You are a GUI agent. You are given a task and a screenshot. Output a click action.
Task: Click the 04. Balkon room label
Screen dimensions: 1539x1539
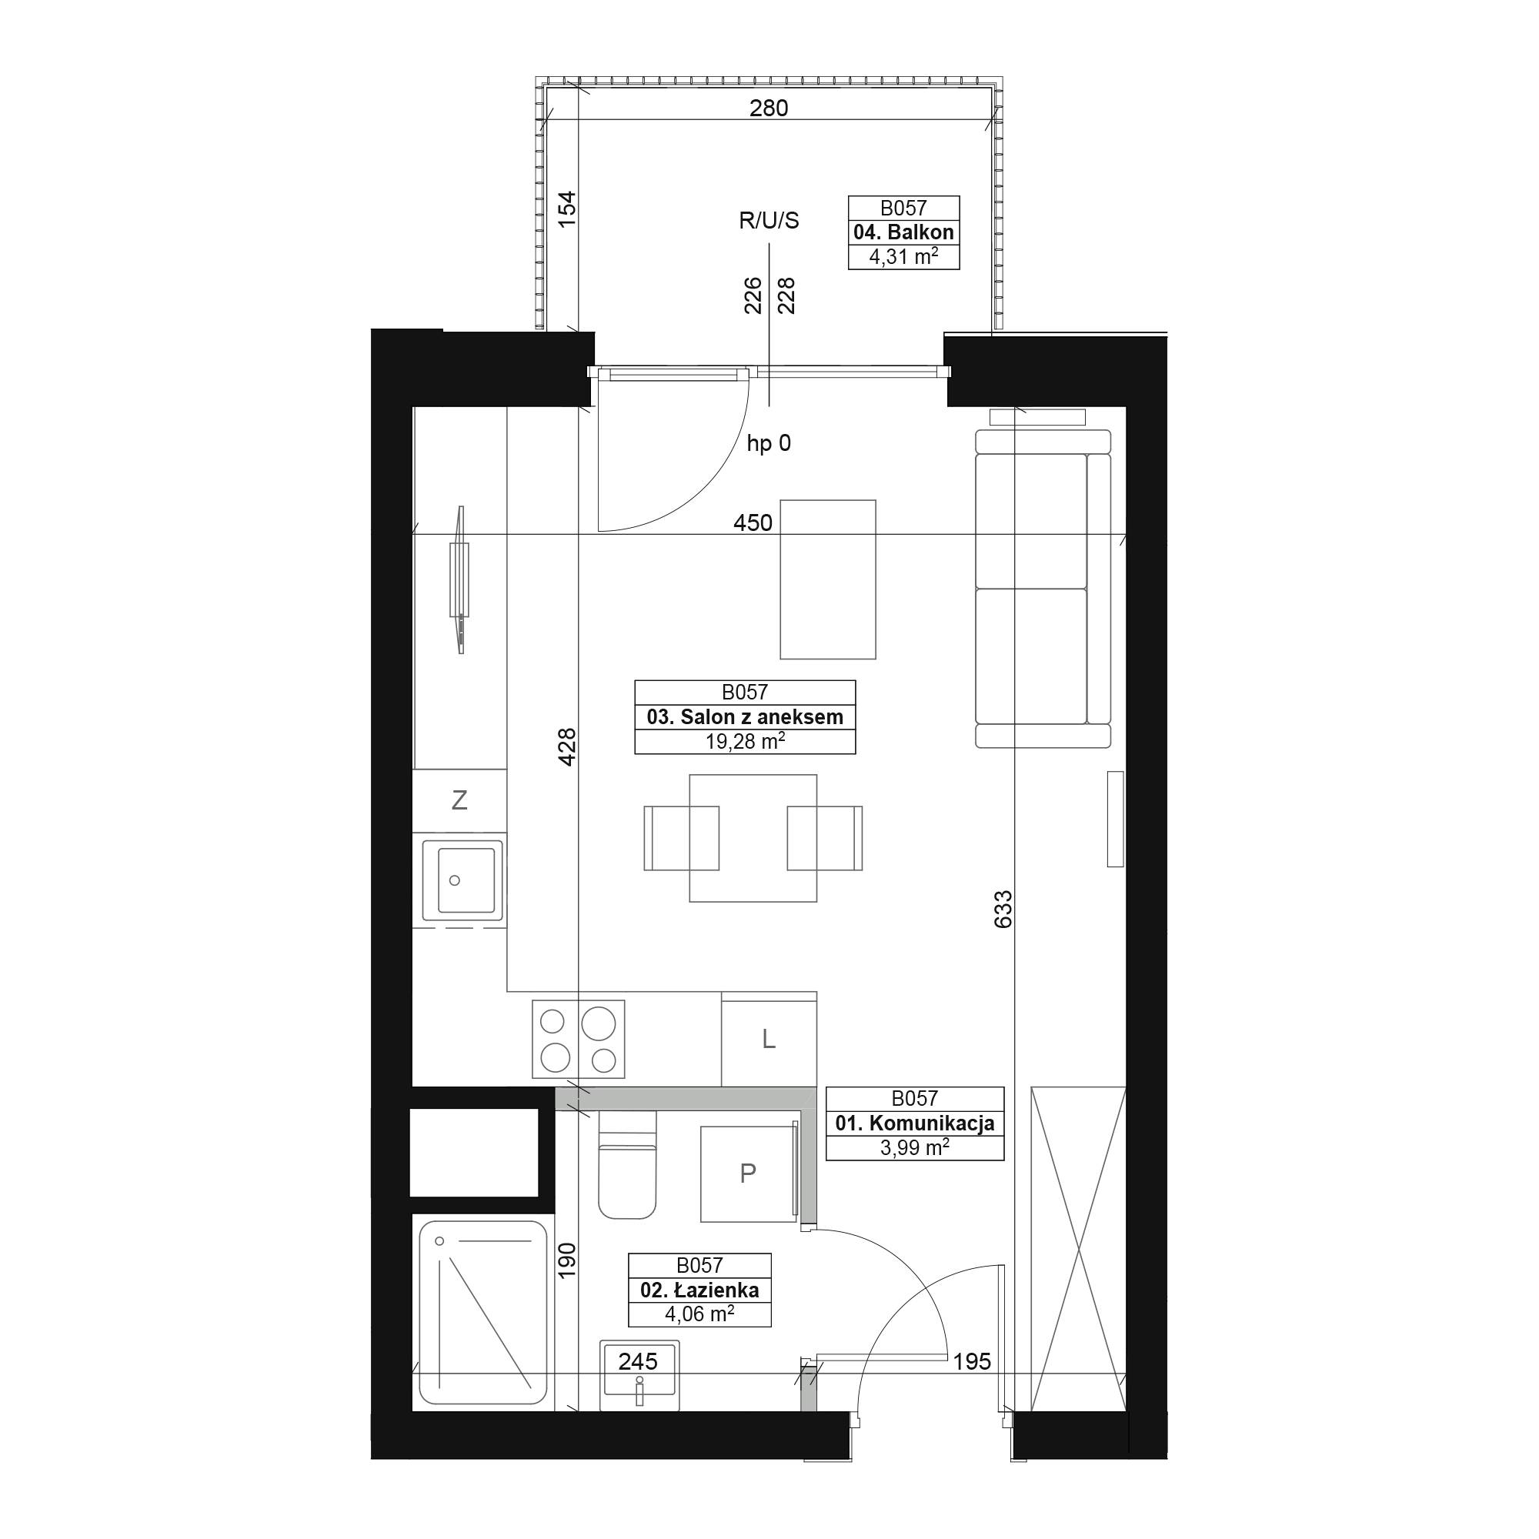(x=903, y=232)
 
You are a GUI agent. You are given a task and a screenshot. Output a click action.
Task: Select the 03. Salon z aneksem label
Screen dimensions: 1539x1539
(x=745, y=717)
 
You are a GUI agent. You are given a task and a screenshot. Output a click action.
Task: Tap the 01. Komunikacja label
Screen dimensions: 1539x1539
(x=914, y=1123)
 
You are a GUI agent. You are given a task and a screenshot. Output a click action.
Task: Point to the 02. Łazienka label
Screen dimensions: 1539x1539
(x=699, y=1290)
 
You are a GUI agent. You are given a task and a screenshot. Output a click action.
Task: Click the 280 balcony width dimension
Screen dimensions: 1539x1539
(x=769, y=108)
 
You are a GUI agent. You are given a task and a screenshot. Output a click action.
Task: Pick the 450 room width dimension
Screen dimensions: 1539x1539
(x=753, y=522)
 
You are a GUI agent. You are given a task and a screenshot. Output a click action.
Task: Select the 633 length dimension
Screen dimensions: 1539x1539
(x=1003, y=909)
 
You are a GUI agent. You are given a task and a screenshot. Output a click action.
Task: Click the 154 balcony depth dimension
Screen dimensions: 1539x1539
(x=566, y=209)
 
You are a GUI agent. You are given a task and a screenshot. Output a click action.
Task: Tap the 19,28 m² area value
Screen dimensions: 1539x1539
(x=745, y=742)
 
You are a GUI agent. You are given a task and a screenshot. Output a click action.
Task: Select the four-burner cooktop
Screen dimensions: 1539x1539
(x=579, y=1039)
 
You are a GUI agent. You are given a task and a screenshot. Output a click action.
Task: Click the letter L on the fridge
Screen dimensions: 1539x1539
(x=769, y=1039)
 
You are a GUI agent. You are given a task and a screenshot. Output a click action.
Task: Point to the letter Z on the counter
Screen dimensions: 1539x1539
(x=459, y=800)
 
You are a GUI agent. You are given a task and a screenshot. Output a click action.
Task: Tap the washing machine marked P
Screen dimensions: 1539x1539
(x=749, y=1173)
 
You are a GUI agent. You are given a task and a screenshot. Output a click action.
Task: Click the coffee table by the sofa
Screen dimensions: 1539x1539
(x=828, y=579)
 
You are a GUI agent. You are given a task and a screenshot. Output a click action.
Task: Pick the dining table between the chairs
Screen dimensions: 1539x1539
(x=753, y=838)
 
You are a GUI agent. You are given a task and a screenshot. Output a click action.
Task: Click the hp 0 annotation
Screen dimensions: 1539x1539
(x=769, y=443)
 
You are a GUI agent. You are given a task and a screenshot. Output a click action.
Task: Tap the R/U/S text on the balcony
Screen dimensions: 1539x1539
(x=769, y=221)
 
